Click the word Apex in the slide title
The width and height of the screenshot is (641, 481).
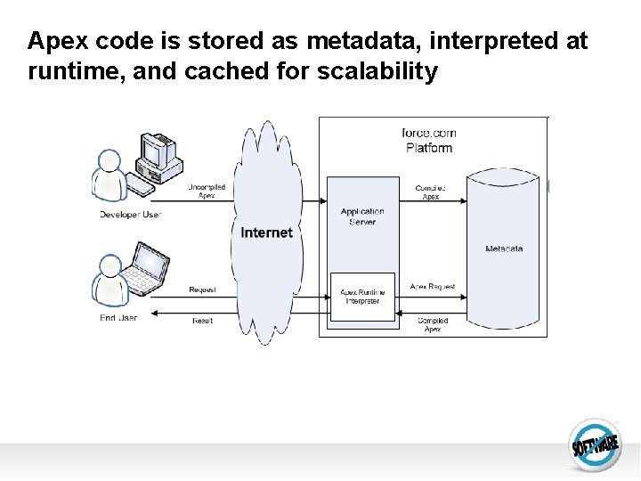(57, 42)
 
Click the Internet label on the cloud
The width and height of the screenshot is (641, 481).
(266, 232)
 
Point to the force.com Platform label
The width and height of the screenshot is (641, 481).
(429, 141)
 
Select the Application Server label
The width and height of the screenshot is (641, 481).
(362, 216)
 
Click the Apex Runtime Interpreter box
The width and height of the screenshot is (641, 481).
(362, 297)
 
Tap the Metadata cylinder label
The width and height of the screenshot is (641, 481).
(504, 249)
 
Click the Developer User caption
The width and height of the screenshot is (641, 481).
(130, 215)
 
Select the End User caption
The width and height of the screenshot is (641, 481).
(118, 318)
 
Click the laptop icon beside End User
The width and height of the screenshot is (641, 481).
(146, 269)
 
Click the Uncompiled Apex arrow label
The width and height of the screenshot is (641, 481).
(207, 192)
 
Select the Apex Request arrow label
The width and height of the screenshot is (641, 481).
(433, 287)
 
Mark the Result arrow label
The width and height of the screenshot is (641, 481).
(203, 321)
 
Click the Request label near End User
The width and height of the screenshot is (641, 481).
(202, 290)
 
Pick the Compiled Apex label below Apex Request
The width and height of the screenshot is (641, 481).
(433, 325)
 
